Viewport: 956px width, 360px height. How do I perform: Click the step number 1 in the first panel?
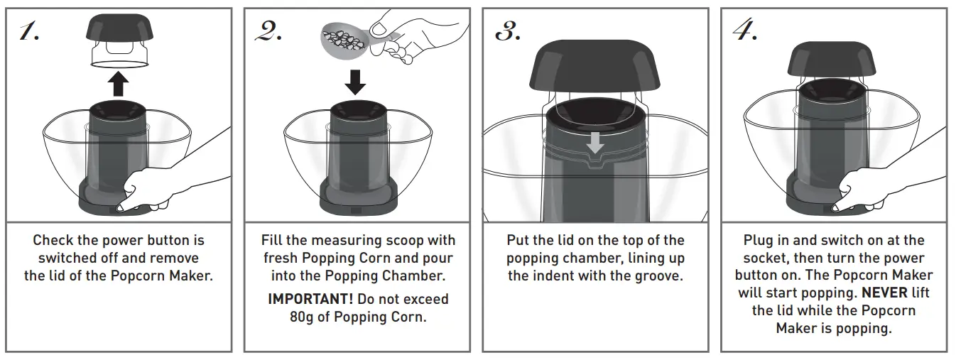point(29,31)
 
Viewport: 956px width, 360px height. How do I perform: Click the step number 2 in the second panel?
point(268,31)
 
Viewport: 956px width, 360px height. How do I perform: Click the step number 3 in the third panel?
point(507,31)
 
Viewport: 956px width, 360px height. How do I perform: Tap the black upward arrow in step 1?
point(119,84)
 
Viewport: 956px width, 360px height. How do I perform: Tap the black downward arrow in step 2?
point(355,80)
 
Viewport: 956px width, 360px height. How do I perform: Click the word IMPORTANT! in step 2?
point(310,299)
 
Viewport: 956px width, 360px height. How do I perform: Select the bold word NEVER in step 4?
point(884,293)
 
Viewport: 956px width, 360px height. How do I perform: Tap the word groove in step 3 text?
point(659,276)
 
